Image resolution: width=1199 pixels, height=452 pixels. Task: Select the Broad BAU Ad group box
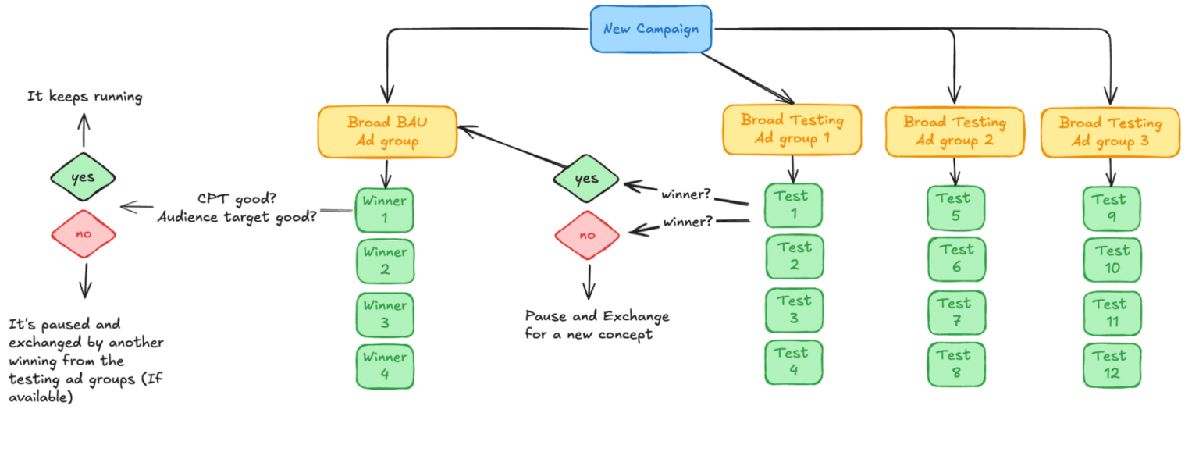click(x=387, y=132)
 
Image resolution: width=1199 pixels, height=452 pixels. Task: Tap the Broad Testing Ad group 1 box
click(x=792, y=130)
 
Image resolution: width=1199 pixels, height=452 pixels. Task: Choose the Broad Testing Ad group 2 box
click(x=954, y=132)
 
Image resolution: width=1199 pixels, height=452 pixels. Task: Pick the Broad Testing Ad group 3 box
click(x=1110, y=132)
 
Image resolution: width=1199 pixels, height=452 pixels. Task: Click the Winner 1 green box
click(x=385, y=209)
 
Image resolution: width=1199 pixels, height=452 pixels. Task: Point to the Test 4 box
click(x=793, y=362)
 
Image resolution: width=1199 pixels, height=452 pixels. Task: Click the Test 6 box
click(x=956, y=259)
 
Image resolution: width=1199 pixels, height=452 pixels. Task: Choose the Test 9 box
click(x=1112, y=208)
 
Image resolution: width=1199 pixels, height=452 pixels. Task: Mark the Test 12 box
click(x=1112, y=365)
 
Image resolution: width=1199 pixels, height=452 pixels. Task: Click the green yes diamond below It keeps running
click(x=83, y=177)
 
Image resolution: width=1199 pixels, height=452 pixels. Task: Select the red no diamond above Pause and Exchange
click(x=587, y=234)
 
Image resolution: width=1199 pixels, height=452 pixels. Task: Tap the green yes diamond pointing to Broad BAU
click(x=586, y=179)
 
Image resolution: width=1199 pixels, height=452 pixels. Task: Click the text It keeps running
click(x=84, y=97)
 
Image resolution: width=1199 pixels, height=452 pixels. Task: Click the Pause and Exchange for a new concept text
click(x=596, y=326)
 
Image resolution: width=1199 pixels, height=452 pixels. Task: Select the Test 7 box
click(x=955, y=312)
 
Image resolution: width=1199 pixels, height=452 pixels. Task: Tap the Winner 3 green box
click(x=385, y=314)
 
